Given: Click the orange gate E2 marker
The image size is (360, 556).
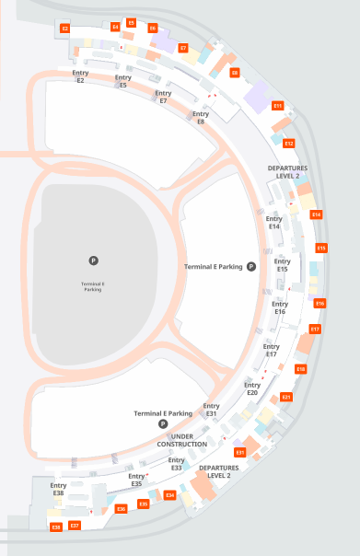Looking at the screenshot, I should [65, 29].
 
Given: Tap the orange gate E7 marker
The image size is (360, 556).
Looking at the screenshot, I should [183, 47].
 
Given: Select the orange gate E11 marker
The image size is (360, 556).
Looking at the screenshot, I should [277, 106].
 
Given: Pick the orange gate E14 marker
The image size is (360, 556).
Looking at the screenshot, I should [316, 214].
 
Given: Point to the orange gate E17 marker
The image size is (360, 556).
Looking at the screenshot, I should [315, 329].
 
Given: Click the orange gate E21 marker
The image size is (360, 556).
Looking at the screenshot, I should [286, 397].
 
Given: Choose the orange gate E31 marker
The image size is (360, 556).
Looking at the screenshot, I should [240, 452].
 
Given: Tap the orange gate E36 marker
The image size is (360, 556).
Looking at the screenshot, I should [121, 508].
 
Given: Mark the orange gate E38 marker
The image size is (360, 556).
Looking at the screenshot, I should [56, 527].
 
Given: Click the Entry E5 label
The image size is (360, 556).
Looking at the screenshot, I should [122, 81].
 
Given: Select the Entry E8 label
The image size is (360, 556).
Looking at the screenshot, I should [200, 117].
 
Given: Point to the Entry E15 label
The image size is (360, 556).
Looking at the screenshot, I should [282, 265].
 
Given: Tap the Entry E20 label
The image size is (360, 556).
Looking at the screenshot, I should [251, 388].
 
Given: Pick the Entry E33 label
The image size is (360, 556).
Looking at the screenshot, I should [176, 464].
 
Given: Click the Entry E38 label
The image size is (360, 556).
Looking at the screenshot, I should [58, 489].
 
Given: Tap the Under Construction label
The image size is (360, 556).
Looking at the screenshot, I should [182, 440].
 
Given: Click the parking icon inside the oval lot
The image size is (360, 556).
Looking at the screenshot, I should [93, 261].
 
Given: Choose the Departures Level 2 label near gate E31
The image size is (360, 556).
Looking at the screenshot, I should [215, 471].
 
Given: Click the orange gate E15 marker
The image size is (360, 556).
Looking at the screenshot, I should [321, 248].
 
